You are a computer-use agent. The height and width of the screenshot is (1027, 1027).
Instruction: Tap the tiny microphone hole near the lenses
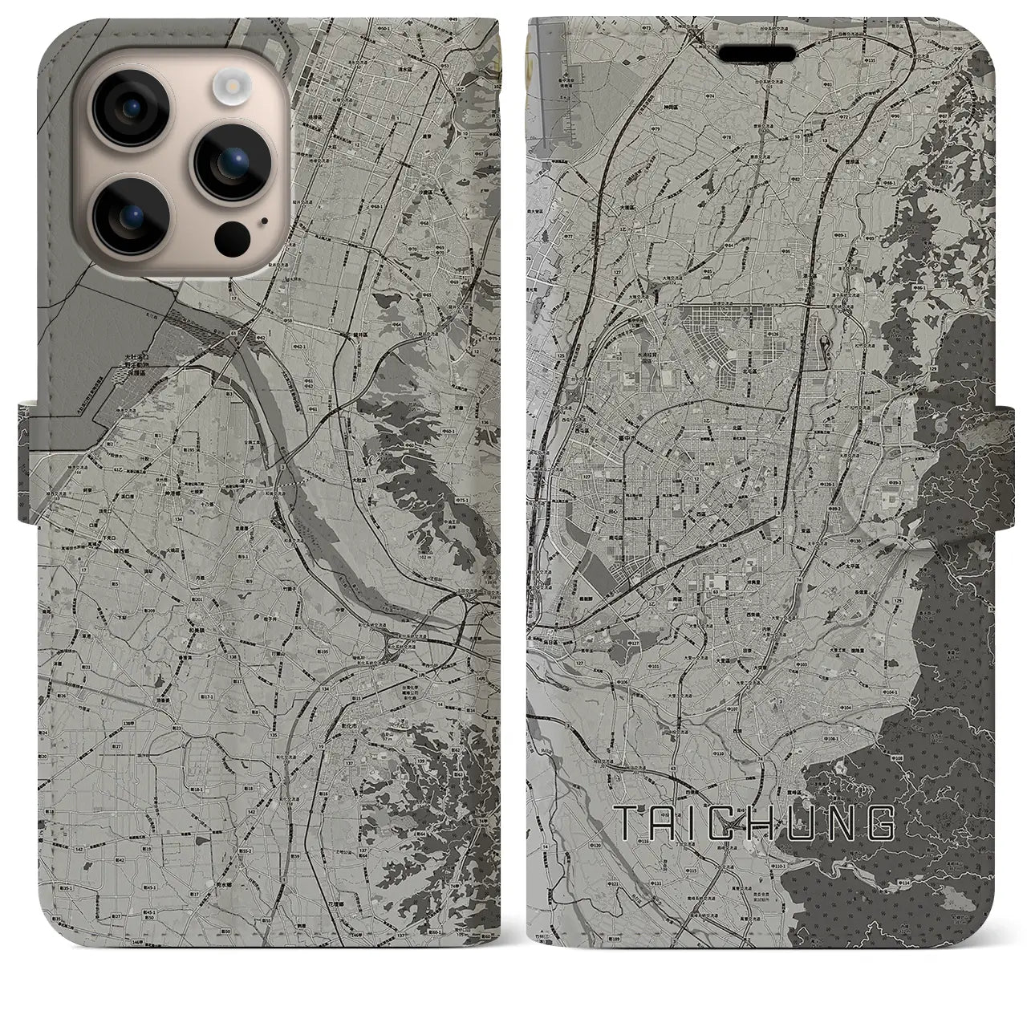point(262,217)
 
